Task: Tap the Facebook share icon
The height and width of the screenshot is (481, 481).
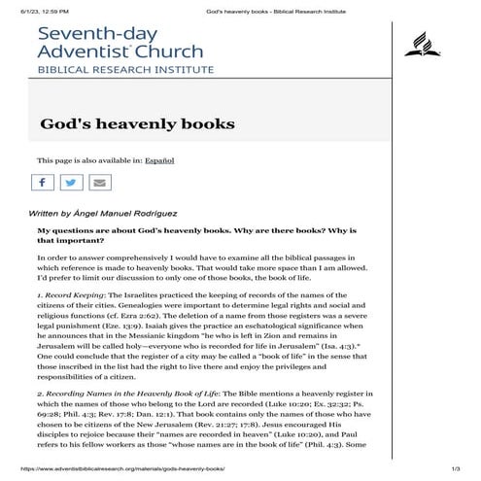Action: point(42,182)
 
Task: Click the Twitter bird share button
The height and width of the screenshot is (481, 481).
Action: point(71,182)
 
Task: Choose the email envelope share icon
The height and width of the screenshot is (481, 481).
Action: point(99,182)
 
